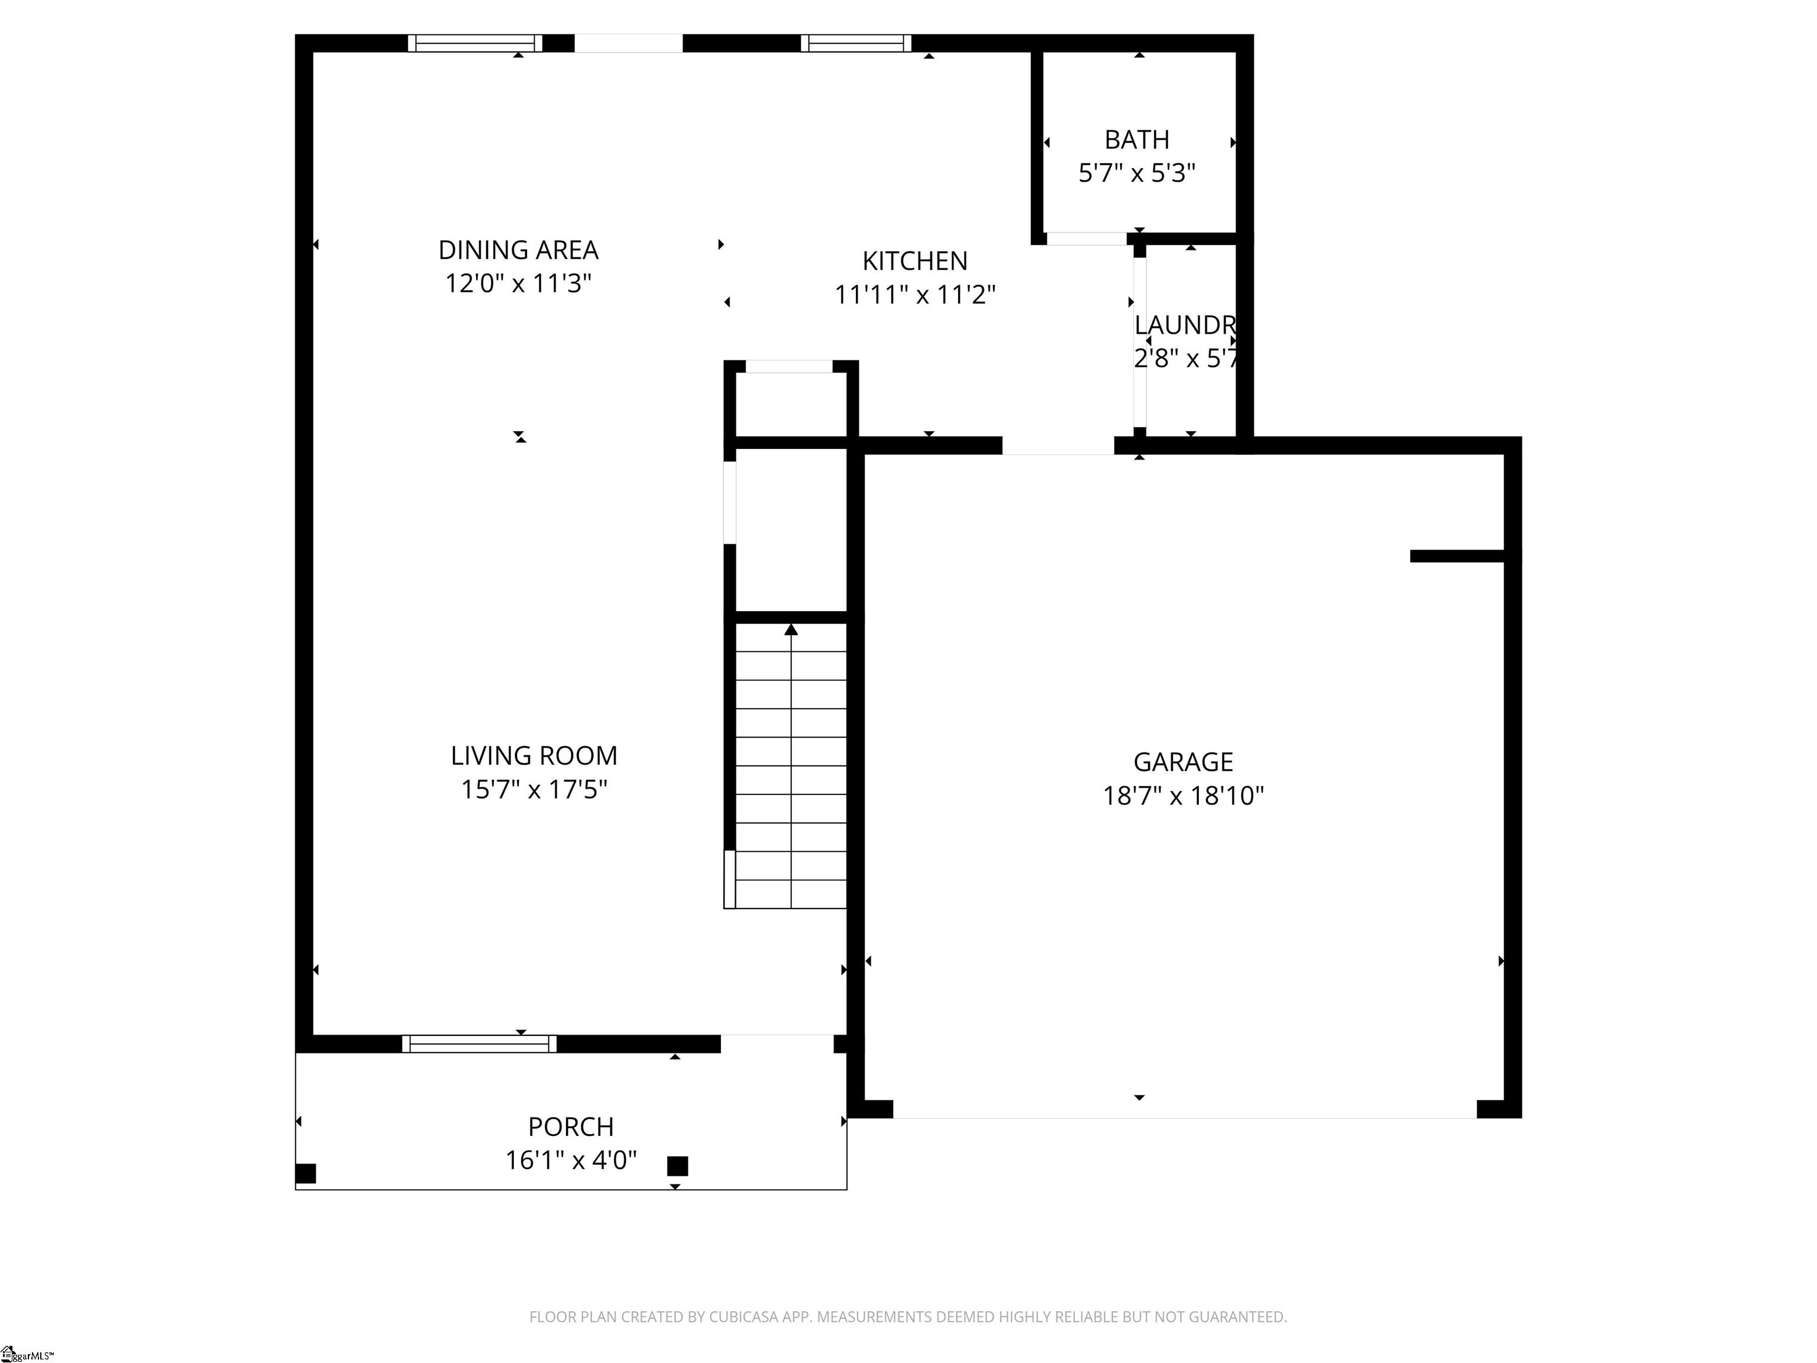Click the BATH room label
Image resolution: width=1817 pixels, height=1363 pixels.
1136,140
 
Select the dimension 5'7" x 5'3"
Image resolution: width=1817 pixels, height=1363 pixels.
1136,173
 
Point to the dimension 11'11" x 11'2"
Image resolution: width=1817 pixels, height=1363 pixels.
914,294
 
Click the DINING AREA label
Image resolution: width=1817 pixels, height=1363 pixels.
518,250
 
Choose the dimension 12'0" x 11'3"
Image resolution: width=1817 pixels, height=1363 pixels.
518,283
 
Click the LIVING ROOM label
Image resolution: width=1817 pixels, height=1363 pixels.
534,755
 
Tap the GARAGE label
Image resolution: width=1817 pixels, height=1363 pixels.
1183,761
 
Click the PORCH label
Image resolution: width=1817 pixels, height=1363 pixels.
571,1126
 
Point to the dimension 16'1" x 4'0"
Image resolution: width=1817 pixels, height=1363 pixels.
571,1160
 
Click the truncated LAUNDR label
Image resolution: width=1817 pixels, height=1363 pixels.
1185,325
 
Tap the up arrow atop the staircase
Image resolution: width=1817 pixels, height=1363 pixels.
791,630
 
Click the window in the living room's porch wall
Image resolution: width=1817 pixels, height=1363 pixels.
479,1044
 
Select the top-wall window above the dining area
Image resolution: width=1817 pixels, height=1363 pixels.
475,43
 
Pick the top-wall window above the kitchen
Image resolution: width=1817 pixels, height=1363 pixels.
856,43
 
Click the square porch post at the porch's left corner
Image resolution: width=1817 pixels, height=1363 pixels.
306,1173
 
